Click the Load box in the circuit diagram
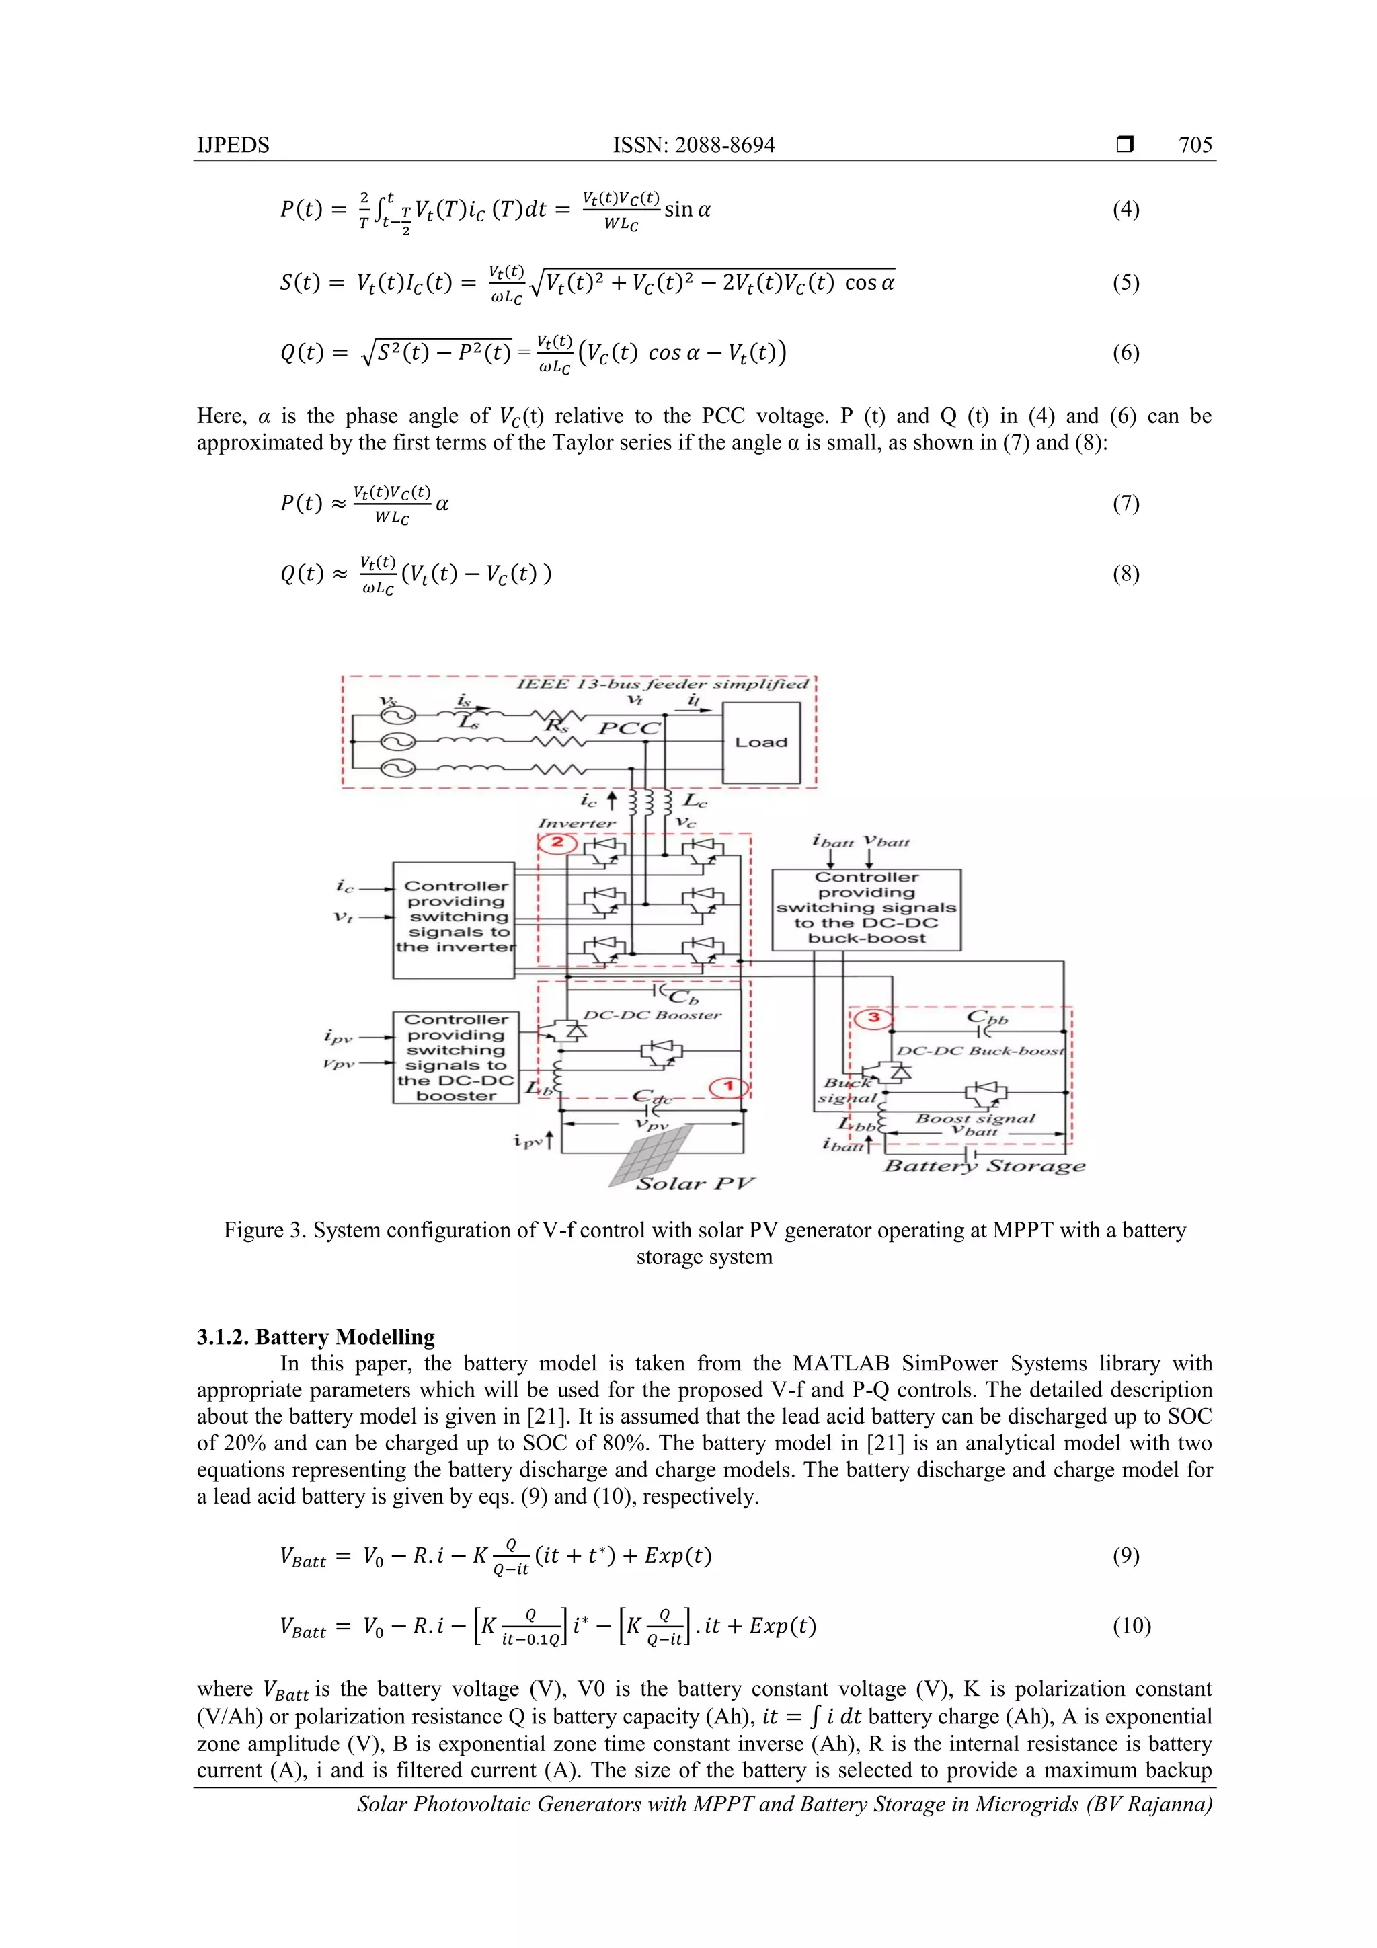coord(761,742)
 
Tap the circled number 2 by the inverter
coord(557,843)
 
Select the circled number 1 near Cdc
coord(728,1087)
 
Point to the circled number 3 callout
coord(873,1018)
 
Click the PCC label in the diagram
coord(629,728)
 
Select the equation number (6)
coord(1125,353)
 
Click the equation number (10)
coord(1131,1626)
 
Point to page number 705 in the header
coord(1195,145)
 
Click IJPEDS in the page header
coord(233,145)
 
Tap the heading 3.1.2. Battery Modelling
coord(315,1337)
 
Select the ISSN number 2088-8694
coord(727,145)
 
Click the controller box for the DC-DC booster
coord(457,1057)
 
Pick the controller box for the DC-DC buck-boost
coord(866,908)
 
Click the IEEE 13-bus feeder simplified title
coord(663,684)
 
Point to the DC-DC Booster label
coord(652,1015)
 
